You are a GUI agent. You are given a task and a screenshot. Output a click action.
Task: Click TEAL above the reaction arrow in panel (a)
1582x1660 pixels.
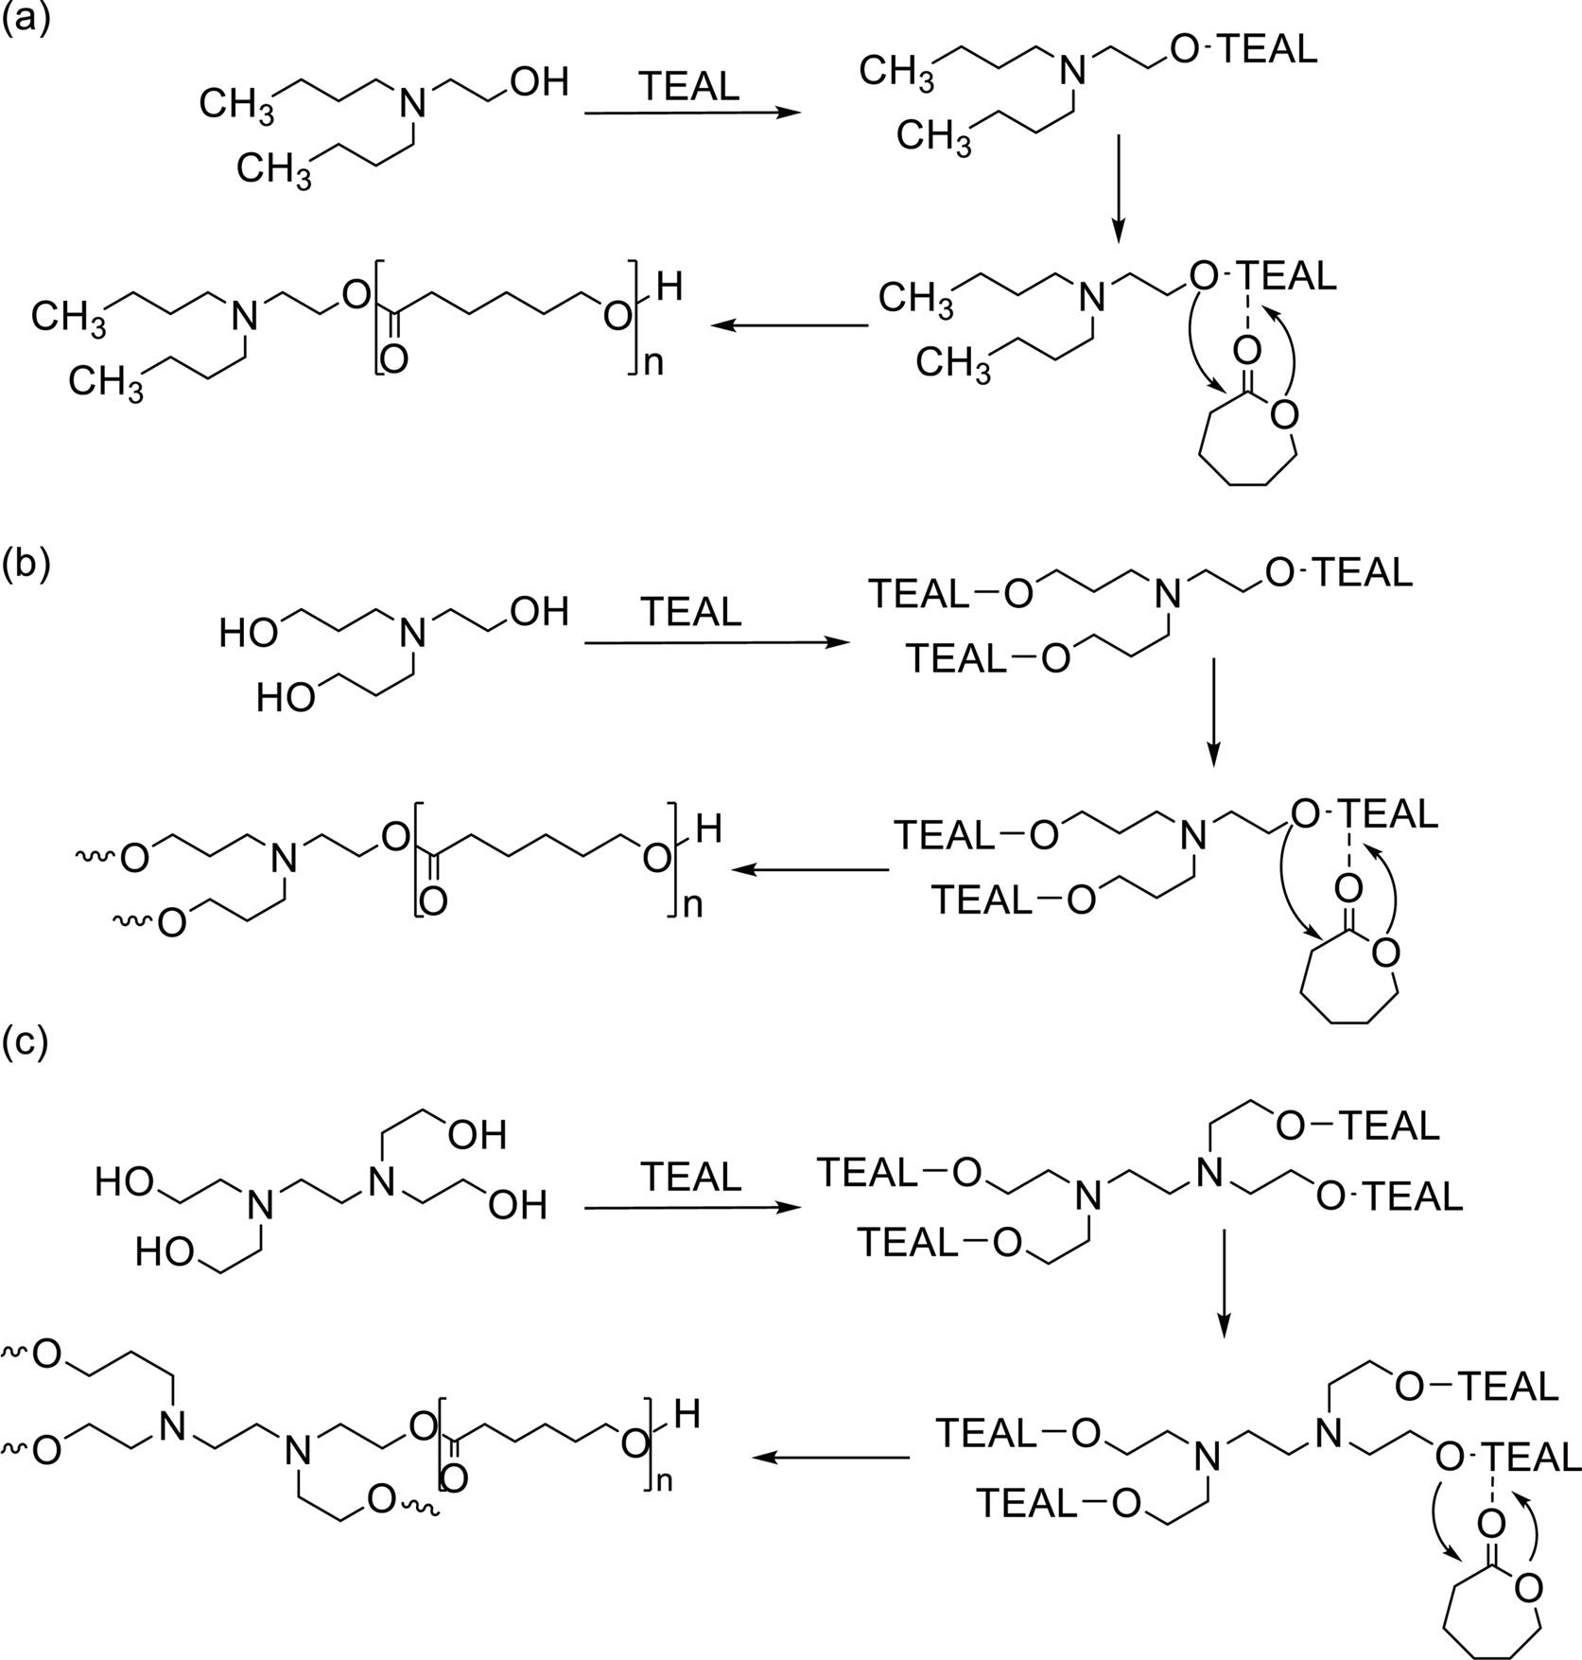pos(689,87)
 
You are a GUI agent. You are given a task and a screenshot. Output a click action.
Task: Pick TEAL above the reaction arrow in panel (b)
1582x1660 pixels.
pos(690,613)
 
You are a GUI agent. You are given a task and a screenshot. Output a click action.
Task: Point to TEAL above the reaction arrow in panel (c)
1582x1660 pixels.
pos(690,1177)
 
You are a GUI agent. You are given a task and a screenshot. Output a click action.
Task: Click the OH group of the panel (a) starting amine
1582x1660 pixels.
pos(539,82)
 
